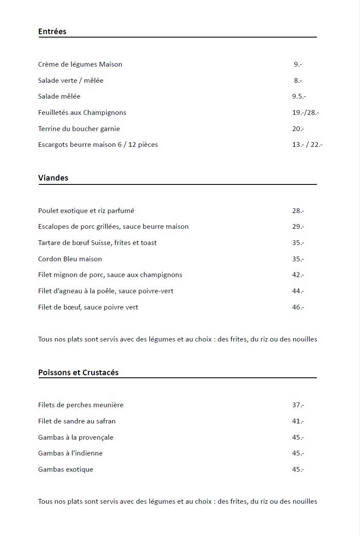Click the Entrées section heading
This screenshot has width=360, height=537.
tap(52, 32)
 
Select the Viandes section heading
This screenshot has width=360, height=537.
tap(53, 178)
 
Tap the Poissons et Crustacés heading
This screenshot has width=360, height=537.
tap(78, 373)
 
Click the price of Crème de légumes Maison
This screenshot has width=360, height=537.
tap(298, 64)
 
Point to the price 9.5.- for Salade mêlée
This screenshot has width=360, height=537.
tap(299, 96)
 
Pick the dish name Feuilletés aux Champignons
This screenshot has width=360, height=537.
tap(82, 113)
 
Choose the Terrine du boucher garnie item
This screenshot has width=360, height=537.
tap(79, 129)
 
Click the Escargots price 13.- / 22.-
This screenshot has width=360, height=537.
tap(307, 145)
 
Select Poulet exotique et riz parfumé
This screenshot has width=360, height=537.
tap(86, 211)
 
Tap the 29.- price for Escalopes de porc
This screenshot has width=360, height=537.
tap(298, 227)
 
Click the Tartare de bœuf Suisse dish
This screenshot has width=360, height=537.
tap(97, 243)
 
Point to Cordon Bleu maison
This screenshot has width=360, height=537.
tap(70, 259)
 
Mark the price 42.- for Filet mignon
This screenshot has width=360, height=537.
tap(298, 275)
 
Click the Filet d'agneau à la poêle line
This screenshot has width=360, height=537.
tap(106, 291)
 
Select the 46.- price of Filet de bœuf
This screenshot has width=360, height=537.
tap(298, 307)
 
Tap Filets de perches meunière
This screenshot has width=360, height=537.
tap(81, 405)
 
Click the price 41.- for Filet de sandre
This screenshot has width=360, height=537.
tap(298, 421)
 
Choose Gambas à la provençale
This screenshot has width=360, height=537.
tap(75, 438)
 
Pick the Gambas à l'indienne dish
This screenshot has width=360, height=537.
tap(70, 453)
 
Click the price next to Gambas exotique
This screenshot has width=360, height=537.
tap(298, 470)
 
